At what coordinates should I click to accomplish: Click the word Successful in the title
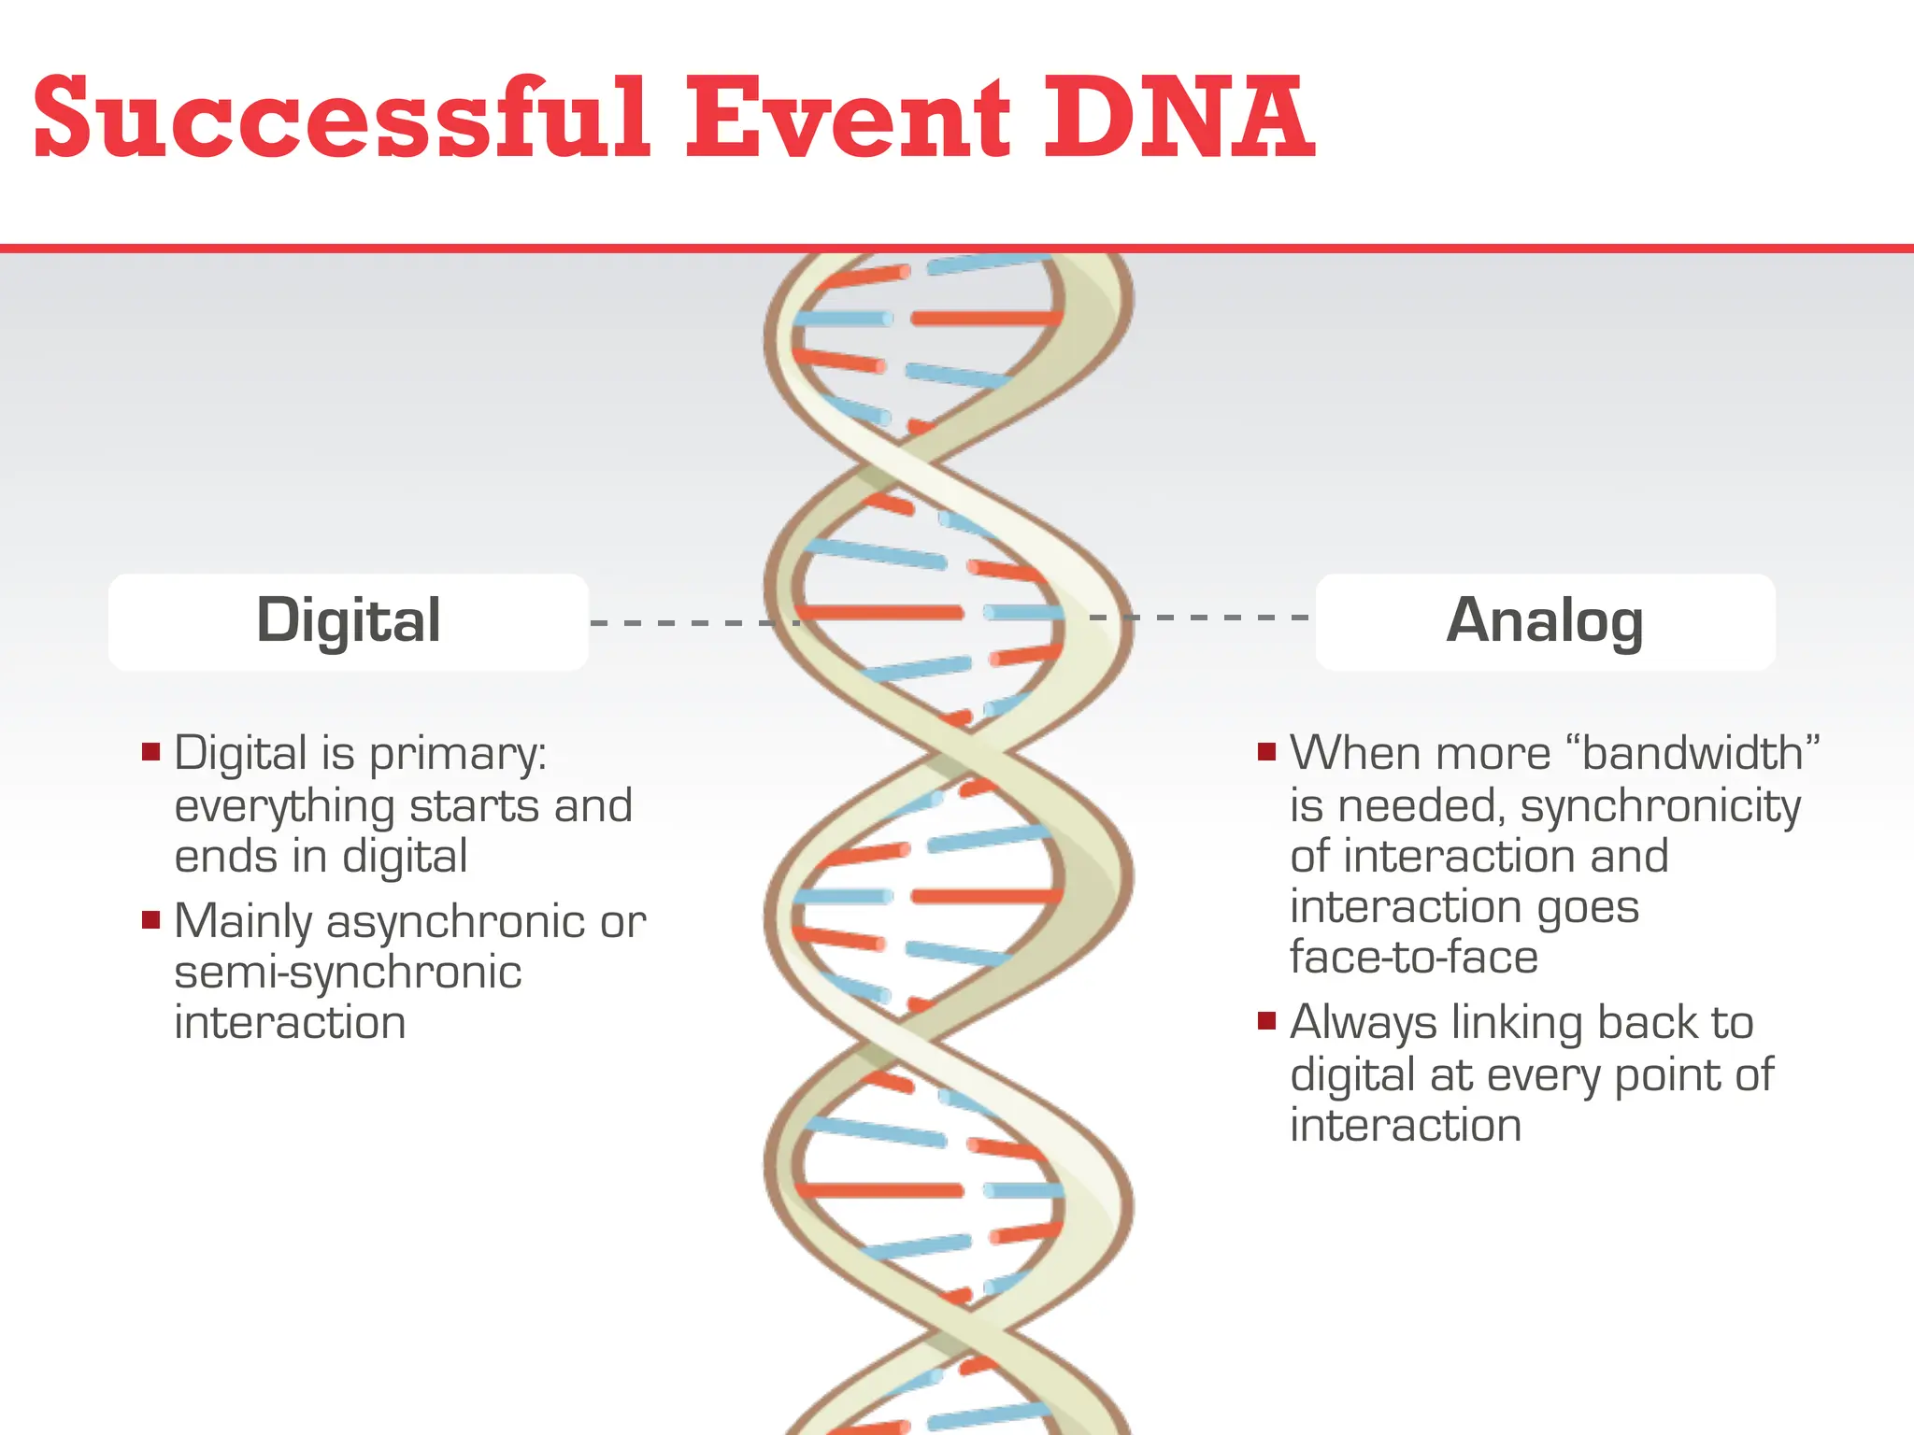(x=341, y=120)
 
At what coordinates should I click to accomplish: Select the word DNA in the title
(x=1178, y=120)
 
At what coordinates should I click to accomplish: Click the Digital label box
(x=348, y=621)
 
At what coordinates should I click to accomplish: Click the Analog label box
(x=1545, y=621)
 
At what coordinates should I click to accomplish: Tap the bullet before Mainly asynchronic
(x=151, y=920)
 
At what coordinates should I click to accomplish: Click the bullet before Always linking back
(x=1267, y=1020)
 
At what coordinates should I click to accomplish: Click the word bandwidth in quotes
(x=1693, y=753)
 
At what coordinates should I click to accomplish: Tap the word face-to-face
(x=1414, y=957)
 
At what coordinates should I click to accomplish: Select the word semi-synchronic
(x=348, y=973)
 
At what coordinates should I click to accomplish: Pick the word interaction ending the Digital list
(x=290, y=1023)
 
